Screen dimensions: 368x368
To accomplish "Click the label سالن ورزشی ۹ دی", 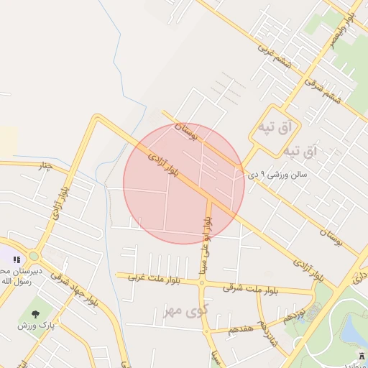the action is [277, 174].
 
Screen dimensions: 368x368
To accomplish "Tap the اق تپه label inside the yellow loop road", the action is [276, 128].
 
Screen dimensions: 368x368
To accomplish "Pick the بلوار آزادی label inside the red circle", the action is [165, 165].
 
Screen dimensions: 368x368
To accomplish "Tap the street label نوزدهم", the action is [294, 315].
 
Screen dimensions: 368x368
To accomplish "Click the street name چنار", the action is [45, 167].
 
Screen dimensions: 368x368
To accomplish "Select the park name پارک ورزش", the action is [35, 325].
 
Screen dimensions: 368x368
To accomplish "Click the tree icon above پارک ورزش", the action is [35, 313].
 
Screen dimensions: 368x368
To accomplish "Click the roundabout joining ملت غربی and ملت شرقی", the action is [201, 282].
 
